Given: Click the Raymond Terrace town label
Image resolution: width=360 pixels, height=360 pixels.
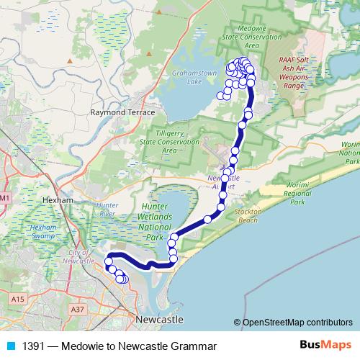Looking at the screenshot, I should coord(122,114).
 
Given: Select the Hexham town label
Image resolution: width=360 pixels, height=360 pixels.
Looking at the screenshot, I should coord(53,199).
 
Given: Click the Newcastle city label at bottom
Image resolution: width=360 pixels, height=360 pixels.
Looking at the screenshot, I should coord(158,318).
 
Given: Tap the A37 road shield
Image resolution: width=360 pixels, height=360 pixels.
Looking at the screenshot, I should coord(78,309).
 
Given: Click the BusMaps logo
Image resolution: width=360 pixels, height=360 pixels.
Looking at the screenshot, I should coord(320,346).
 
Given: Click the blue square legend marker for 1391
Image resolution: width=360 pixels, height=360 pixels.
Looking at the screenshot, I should coord(11,346).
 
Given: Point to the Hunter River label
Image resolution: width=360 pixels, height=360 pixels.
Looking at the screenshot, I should coord(106,210).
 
